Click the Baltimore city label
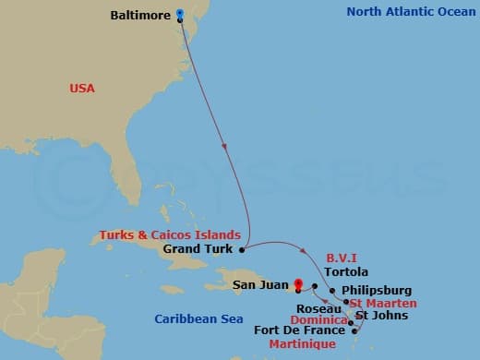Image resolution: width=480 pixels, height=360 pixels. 140,16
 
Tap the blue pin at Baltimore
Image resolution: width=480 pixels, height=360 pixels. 179,14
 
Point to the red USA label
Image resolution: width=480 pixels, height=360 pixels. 82,88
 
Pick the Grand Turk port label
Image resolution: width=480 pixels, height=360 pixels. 198,248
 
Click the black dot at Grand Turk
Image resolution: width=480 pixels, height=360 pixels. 242,248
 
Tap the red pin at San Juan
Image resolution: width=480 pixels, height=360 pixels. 297,283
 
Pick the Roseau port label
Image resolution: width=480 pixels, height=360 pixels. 319,308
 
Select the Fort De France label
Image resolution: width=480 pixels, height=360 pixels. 298,330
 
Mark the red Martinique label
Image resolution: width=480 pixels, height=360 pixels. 301,343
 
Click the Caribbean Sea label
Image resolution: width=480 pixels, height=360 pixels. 198,318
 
